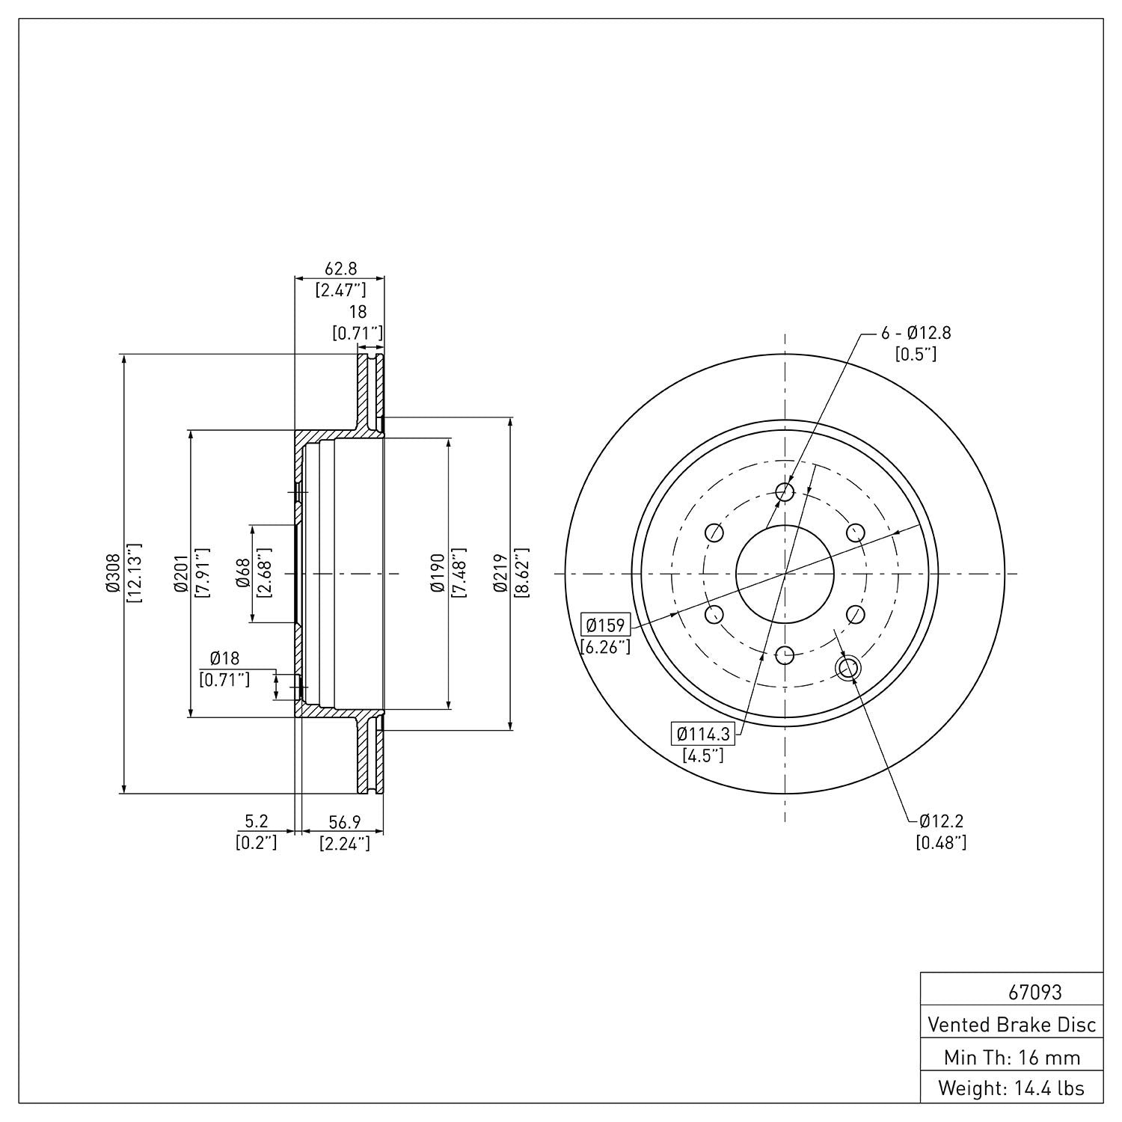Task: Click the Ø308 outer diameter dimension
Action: click(x=113, y=573)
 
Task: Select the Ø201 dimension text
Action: click(x=180, y=573)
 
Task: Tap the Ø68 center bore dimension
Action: click(x=242, y=573)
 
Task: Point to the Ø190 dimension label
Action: click(x=438, y=573)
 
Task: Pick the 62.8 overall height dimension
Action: click(x=340, y=268)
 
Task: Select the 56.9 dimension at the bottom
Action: click(x=345, y=822)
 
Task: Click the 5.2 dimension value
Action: click(x=257, y=822)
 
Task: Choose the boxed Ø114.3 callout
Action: click(x=703, y=734)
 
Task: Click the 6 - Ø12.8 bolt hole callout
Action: click(x=916, y=334)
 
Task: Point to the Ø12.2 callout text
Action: click(x=941, y=821)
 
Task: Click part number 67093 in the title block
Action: click(x=1034, y=993)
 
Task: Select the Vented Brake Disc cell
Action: click(x=1011, y=1024)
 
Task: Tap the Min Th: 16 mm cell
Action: click(x=1011, y=1057)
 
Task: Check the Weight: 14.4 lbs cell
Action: click(x=1011, y=1088)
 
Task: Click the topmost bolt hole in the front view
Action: click(x=785, y=491)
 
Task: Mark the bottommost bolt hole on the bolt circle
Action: click(x=785, y=655)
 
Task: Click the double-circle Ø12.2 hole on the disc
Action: click(x=847, y=668)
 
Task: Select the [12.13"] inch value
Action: click(x=134, y=573)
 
